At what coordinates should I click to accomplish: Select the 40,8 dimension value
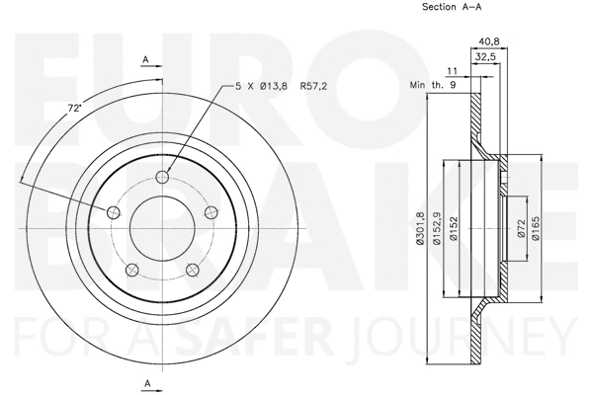coord(487,41)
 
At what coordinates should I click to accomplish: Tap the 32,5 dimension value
coord(485,59)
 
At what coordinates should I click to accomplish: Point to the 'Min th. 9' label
coord(432,86)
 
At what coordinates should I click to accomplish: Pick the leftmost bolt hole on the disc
coord(112,214)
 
